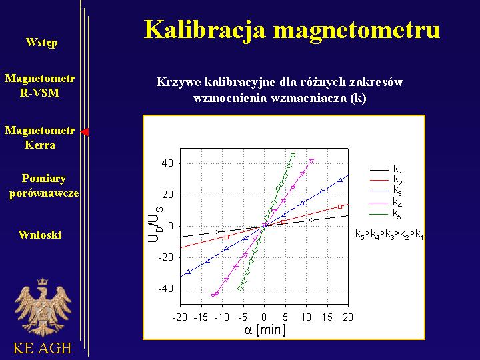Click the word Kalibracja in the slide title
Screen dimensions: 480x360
(205, 30)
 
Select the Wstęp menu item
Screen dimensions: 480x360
(41, 42)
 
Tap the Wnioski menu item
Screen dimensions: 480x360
(40, 235)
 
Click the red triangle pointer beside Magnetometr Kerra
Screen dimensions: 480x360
(85, 132)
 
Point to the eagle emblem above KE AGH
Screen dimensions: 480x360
(43, 307)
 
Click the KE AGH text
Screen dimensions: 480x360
(42, 348)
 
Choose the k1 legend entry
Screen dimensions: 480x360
(386, 169)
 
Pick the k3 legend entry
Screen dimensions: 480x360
(386, 191)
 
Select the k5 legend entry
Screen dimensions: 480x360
(386, 214)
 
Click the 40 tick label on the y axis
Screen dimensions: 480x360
(167, 163)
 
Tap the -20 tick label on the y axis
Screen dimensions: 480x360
(165, 257)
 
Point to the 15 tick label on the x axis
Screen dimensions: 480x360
(327, 317)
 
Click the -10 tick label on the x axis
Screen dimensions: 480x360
(221, 317)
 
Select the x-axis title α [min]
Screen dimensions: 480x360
(265, 330)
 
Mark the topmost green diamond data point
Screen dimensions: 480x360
(293, 155)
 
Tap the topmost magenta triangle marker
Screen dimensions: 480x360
(311, 161)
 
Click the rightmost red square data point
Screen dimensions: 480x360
(340, 207)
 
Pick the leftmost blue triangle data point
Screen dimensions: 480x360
(188, 272)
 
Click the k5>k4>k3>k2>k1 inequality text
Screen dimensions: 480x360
(389, 235)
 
